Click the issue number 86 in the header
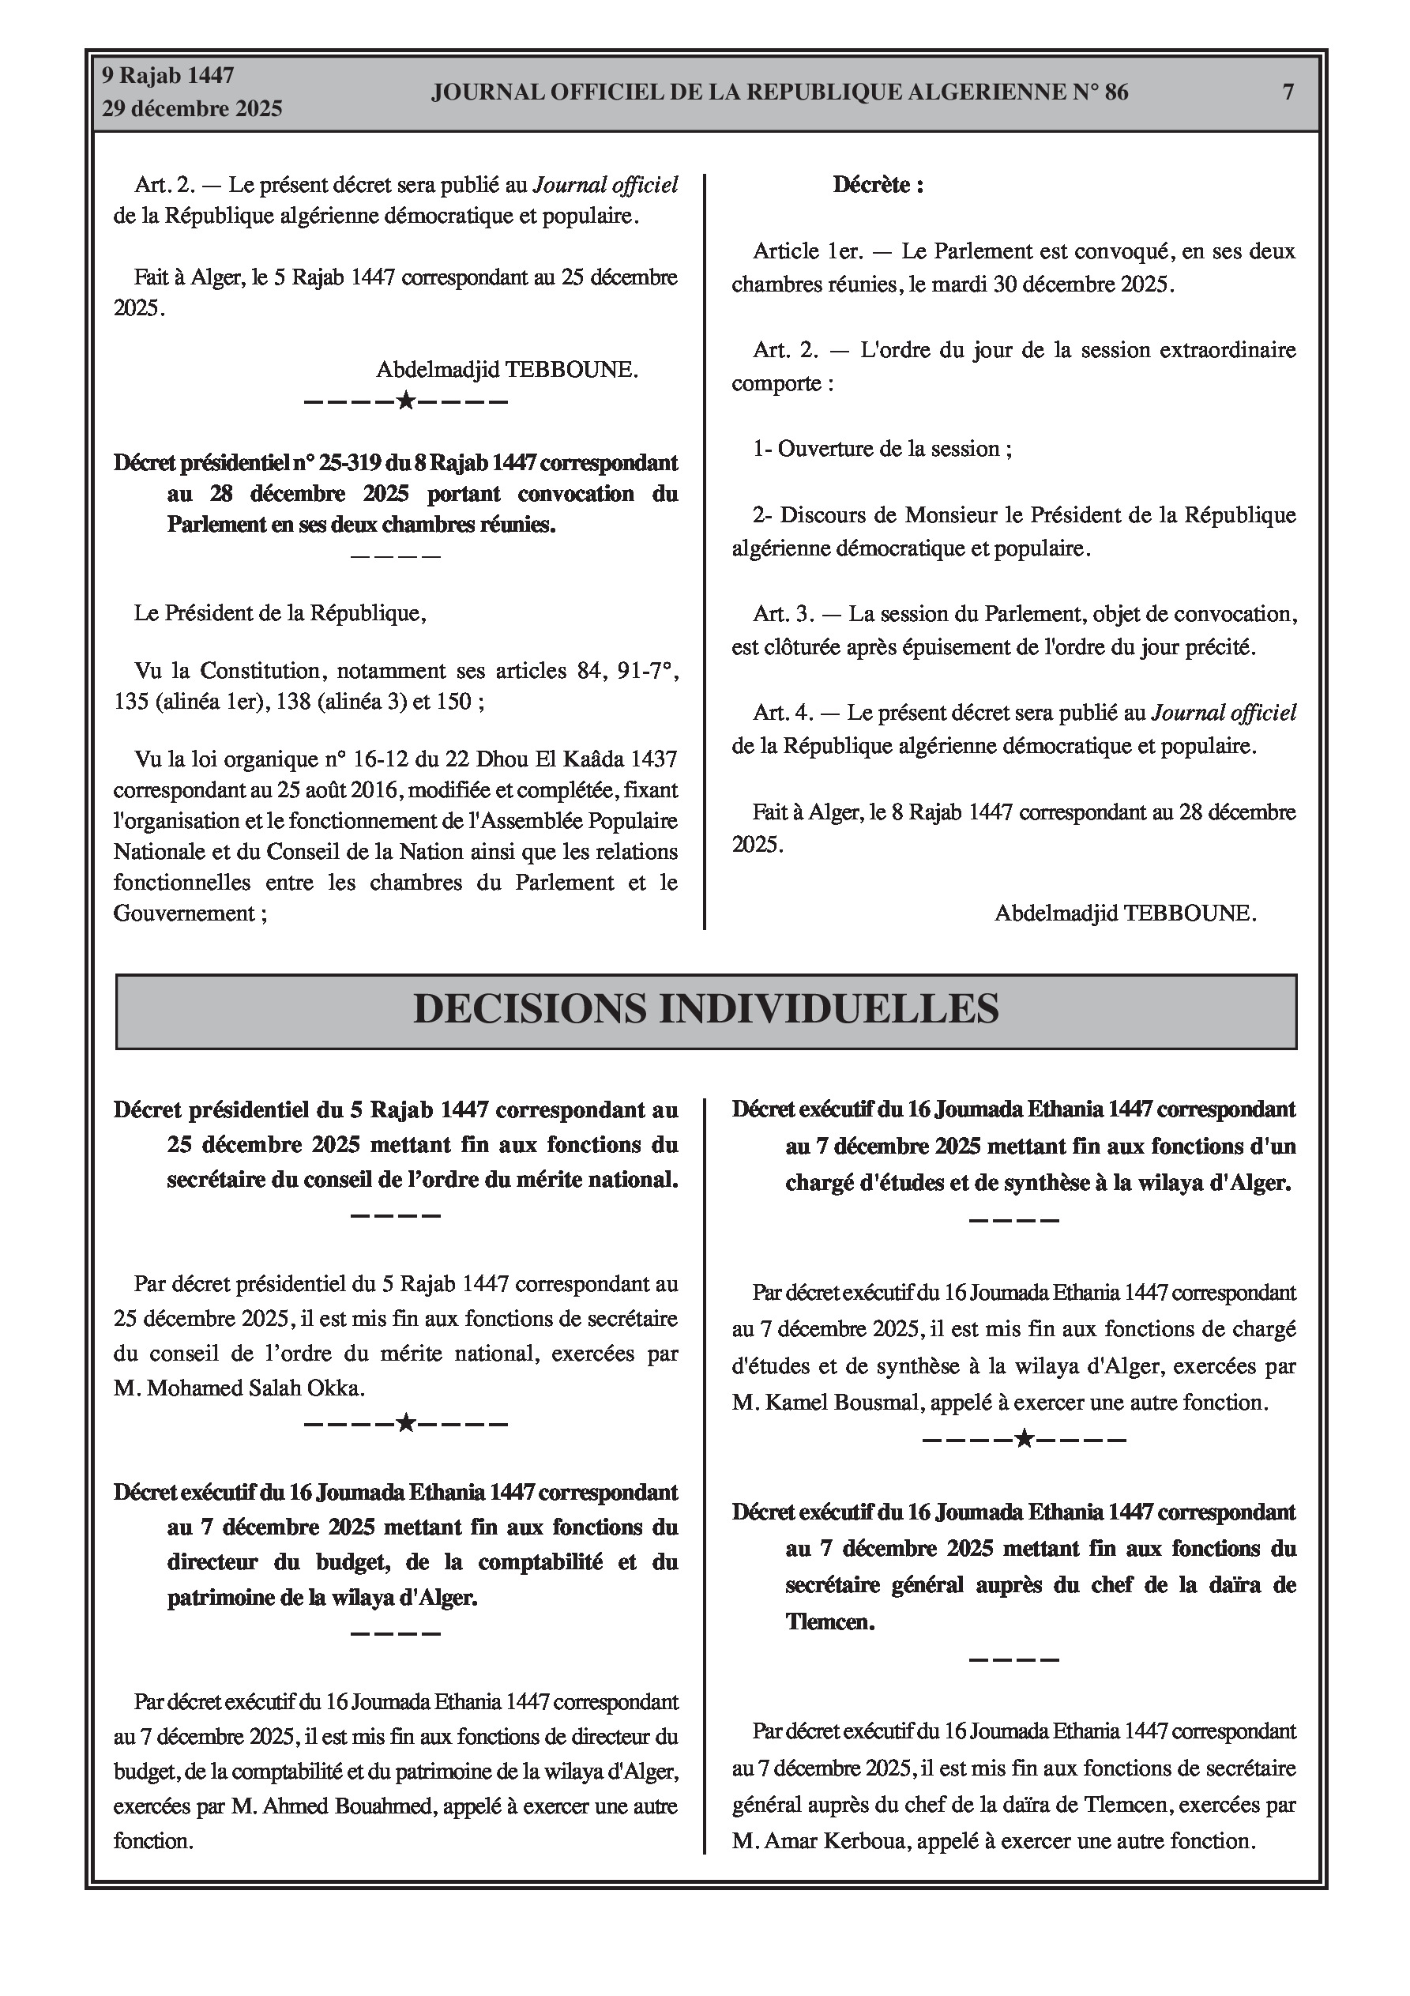tap(1115, 92)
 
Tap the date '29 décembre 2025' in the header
tap(192, 109)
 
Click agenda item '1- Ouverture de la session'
tap(882, 449)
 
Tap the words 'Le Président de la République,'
tap(280, 613)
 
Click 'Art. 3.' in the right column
tap(784, 614)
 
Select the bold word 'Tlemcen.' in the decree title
tap(829, 1621)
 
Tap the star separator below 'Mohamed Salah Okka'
tap(405, 1424)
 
